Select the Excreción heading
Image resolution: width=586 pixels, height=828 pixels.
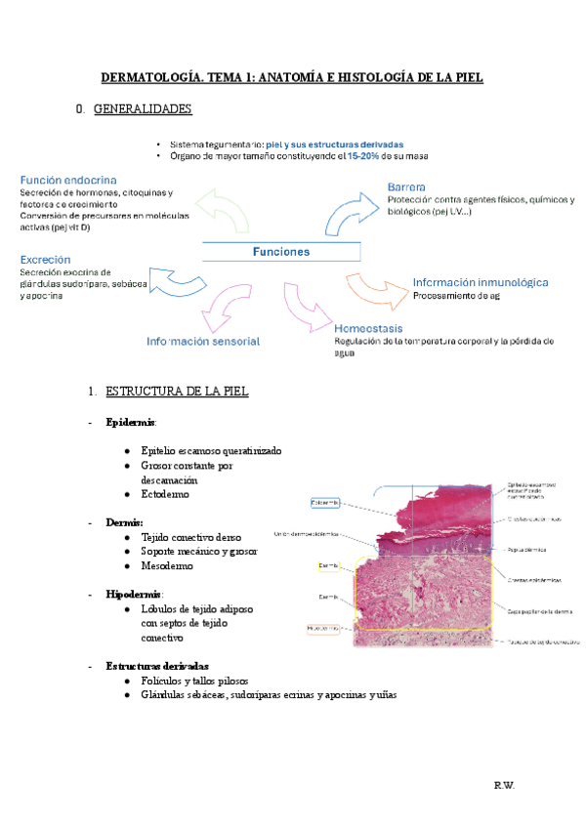45,260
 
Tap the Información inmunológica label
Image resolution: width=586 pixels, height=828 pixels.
480,282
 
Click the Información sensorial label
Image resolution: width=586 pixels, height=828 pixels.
203,342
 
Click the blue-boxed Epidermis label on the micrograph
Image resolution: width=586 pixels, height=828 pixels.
325,503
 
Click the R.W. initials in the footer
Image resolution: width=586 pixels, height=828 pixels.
505,784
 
